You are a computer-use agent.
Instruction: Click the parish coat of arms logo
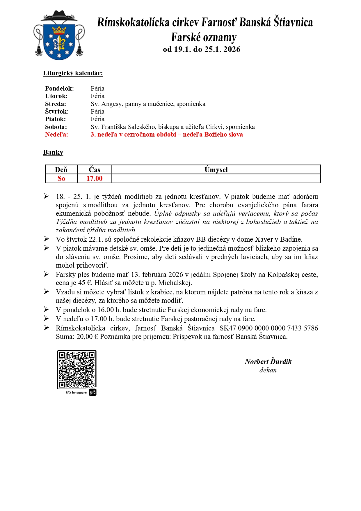[59, 36]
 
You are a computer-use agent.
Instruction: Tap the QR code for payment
[77, 369]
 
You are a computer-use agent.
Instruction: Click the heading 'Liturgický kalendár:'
[73, 73]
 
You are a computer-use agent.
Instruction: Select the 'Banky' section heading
[53, 152]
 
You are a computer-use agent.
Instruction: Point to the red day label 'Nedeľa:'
[56, 135]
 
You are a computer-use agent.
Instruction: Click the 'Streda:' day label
[56, 104]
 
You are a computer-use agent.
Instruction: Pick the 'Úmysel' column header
[216, 170]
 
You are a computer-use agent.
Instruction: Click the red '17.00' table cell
[95, 178]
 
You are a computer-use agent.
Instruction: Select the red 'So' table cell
[61, 178]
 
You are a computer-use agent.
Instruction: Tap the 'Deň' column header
[61, 170]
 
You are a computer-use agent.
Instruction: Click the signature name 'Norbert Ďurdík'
[268, 362]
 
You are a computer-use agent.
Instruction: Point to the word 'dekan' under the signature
[268, 370]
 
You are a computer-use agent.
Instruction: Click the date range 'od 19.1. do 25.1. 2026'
[202, 49]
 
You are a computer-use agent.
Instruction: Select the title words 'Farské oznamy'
[204, 38]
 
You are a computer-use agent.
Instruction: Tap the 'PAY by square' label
[76, 392]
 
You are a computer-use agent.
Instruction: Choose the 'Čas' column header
[95, 170]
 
